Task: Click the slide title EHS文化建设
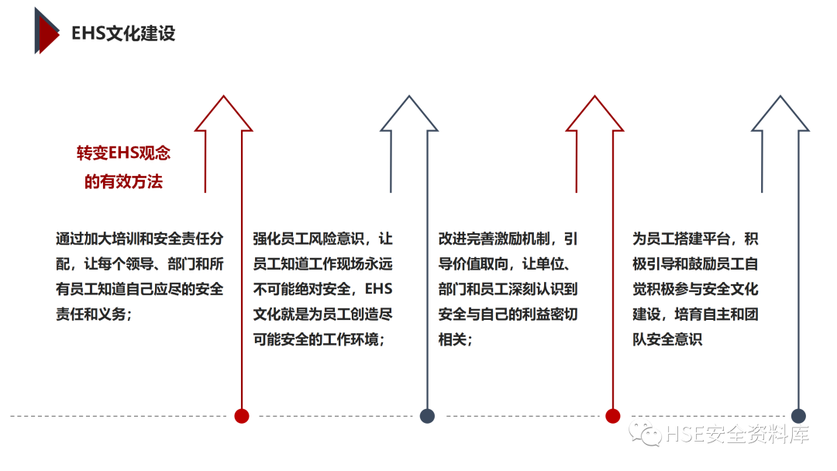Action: (123, 34)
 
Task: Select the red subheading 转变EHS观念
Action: (123, 153)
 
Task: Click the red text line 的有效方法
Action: (123, 182)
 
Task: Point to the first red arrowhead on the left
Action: (223, 114)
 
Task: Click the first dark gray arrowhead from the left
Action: (408, 114)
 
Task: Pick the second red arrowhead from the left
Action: (594, 114)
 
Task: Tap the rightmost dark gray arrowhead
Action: (780, 114)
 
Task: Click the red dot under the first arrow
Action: (242, 416)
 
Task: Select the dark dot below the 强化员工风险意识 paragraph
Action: (427, 416)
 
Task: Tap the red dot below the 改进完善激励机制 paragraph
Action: (613, 416)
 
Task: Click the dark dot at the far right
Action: (799, 416)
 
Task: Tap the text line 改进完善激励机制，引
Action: (508, 238)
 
